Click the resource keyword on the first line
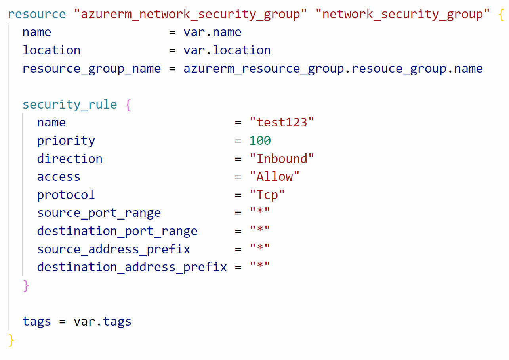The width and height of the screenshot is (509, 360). pyautogui.click(x=36, y=14)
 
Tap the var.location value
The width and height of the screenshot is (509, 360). pyautogui.click(x=227, y=50)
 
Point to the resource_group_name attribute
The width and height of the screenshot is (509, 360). pyautogui.click(x=92, y=69)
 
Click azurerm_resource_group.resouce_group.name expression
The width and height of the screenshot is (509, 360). pyautogui.click(x=333, y=69)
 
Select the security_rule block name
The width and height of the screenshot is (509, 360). pyautogui.click(x=70, y=105)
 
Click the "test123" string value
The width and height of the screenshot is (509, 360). pyautogui.click(x=282, y=123)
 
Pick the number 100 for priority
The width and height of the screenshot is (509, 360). pyautogui.click(x=260, y=141)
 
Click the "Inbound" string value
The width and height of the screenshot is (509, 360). pyautogui.click(x=282, y=159)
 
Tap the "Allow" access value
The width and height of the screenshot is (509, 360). pyautogui.click(x=275, y=177)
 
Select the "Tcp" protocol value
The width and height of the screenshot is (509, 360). pyautogui.click(x=267, y=195)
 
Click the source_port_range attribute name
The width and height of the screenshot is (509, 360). pyautogui.click(x=99, y=213)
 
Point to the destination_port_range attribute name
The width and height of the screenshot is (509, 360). pyautogui.click(x=117, y=231)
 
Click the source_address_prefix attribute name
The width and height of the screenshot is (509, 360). pyautogui.click(x=114, y=249)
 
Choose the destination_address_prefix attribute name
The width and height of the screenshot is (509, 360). pyautogui.click(x=132, y=267)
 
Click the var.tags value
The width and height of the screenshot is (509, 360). pyautogui.click(x=103, y=321)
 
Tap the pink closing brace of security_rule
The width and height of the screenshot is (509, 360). pyautogui.click(x=26, y=285)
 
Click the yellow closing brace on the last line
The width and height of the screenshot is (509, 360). pyautogui.click(x=11, y=340)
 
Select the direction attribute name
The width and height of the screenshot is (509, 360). pyautogui.click(x=70, y=159)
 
